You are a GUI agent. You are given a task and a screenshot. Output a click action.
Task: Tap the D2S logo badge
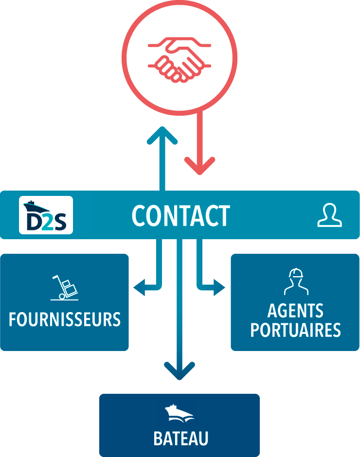[x=46, y=215]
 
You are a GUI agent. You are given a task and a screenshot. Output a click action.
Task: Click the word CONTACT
[x=180, y=216]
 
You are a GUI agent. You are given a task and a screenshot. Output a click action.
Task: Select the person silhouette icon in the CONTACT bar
[x=329, y=215]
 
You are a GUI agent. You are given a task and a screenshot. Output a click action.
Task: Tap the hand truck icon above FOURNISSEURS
[x=65, y=287]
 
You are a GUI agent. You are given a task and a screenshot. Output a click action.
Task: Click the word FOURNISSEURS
[x=65, y=319]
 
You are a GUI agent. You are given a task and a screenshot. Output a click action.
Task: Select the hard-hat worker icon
[x=296, y=282]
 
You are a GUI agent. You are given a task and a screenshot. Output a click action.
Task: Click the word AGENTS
[x=295, y=311]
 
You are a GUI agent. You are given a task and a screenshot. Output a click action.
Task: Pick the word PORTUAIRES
[x=295, y=330]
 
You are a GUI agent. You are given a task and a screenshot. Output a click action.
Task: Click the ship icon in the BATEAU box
[x=180, y=414]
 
